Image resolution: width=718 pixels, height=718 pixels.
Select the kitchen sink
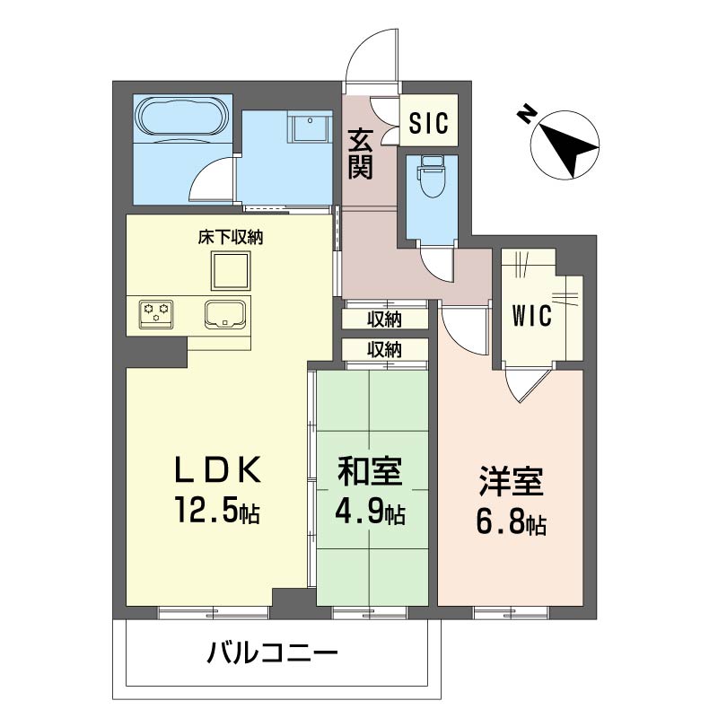224,314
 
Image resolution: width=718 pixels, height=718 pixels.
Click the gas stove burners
156,313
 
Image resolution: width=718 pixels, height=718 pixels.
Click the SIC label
429,123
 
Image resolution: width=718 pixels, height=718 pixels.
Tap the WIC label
531,316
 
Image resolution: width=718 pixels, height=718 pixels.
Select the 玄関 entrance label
360,153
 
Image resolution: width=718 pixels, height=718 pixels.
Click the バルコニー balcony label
272,653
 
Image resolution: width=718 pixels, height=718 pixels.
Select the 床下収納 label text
231,237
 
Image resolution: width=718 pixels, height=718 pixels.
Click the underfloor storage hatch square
231,270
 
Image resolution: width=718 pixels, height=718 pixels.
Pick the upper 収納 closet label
385,320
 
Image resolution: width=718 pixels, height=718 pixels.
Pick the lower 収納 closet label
385,349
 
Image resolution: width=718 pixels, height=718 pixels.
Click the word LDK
218,469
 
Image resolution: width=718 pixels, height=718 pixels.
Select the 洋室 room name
511,481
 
